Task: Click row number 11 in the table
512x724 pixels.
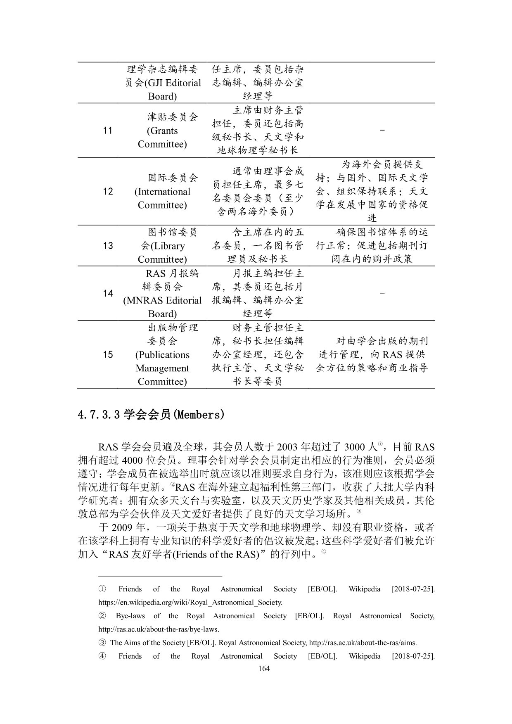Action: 108,131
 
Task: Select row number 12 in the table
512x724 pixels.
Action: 108,191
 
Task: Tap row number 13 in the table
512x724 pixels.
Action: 108,246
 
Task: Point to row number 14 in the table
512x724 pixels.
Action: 108,293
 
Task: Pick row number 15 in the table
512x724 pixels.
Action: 108,354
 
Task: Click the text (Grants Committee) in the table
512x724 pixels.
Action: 162,138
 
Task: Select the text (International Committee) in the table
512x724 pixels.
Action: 162,198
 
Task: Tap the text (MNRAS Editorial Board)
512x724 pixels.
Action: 162,307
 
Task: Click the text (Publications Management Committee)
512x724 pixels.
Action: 162,368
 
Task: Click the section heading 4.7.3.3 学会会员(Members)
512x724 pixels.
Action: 151,415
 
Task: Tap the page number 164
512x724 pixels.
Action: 263,668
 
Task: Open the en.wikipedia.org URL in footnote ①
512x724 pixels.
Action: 190,602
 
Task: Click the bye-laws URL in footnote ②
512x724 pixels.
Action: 159,629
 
